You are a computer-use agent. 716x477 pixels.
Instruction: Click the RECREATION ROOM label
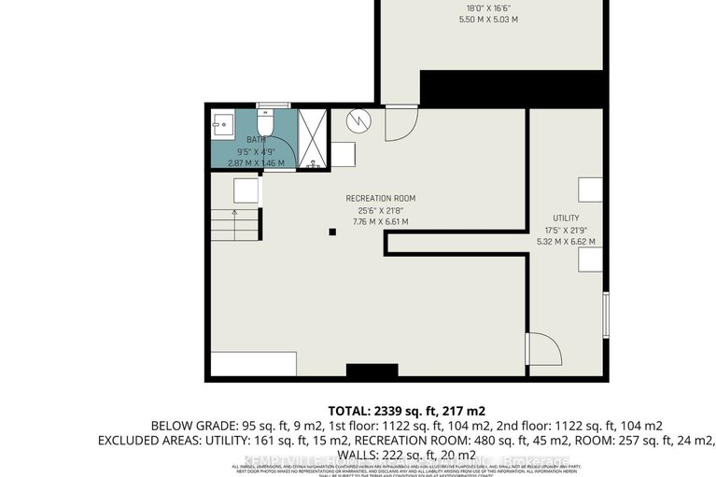click(380, 198)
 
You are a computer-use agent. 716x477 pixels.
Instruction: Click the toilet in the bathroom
click(264, 121)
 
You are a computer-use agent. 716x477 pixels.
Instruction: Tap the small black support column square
click(331, 231)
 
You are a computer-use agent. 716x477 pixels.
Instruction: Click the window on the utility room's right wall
click(606, 316)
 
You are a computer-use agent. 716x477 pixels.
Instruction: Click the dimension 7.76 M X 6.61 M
click(380, 222)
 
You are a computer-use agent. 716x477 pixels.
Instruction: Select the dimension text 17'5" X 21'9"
click(566, 229)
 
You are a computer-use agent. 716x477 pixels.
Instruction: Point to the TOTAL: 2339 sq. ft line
click(406, 411)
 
